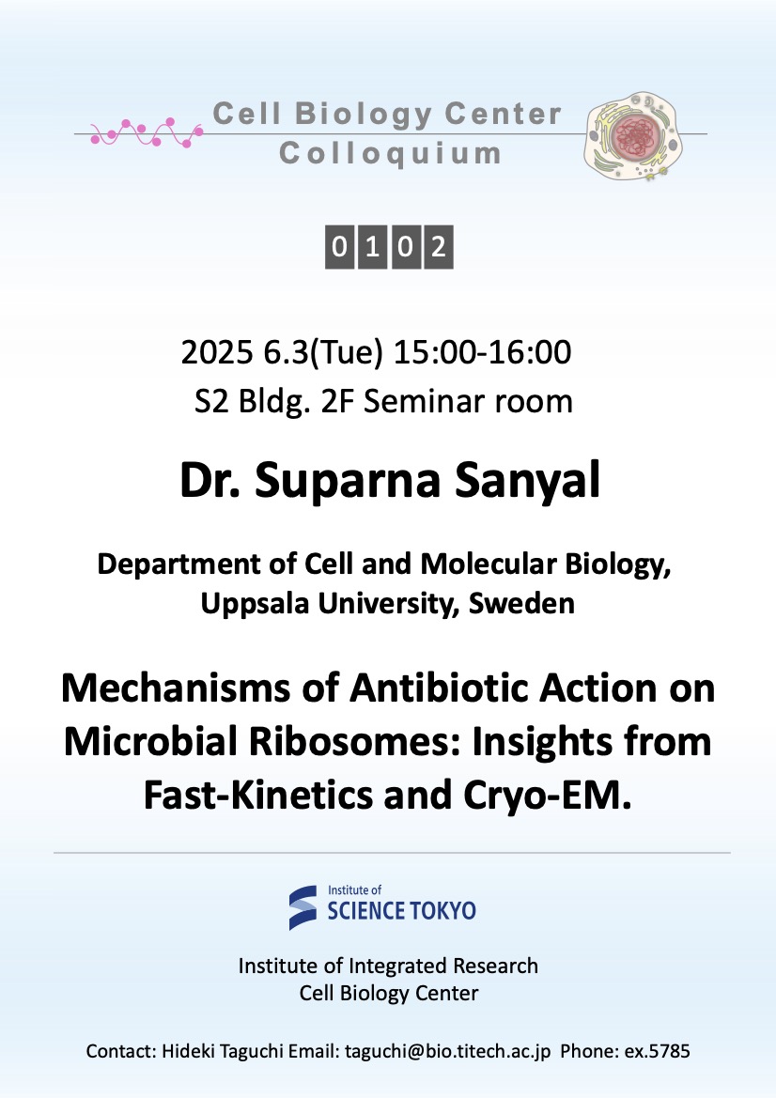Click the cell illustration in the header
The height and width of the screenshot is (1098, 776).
(633, 136)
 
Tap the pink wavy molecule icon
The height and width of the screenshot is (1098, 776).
(147, 132)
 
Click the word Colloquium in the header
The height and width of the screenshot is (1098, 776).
(390, 154)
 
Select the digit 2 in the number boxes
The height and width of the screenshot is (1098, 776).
(439, 246)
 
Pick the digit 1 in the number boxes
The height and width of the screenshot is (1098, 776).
(372, 246)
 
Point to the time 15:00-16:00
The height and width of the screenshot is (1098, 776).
(483, 352)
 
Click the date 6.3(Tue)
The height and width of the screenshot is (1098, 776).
(323, 353)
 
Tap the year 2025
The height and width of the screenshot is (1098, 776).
(216, 352)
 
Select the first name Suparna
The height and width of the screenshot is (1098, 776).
(348, 481)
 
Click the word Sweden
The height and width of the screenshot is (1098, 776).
(521, 603)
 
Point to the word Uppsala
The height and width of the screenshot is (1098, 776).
(255, 604)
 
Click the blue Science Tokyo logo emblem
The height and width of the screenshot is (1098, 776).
(303, 907)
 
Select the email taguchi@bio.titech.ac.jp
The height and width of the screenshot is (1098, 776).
(447, 1051)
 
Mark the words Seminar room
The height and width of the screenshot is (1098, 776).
(468, 402)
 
